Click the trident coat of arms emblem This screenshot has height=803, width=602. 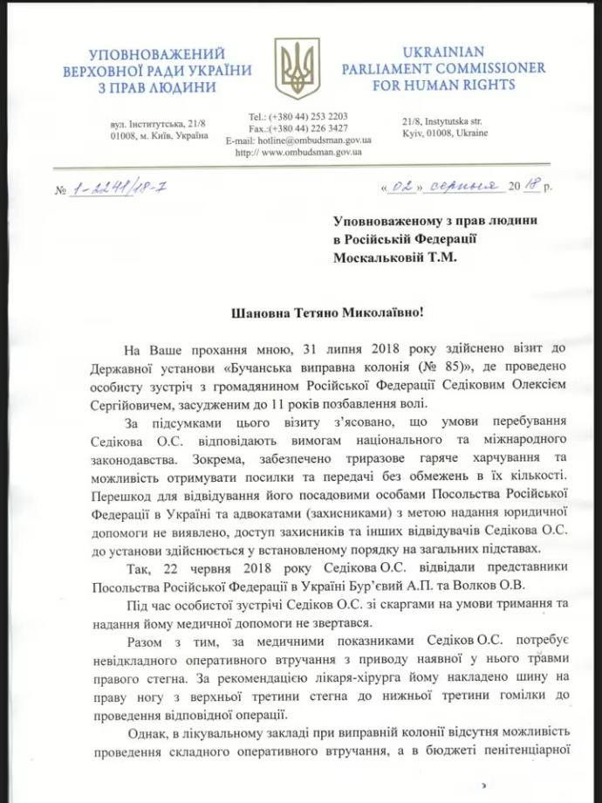coord(297,68)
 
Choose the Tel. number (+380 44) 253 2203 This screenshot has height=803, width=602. coord(298,116)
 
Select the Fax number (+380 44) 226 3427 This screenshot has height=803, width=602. coord(298,128)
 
